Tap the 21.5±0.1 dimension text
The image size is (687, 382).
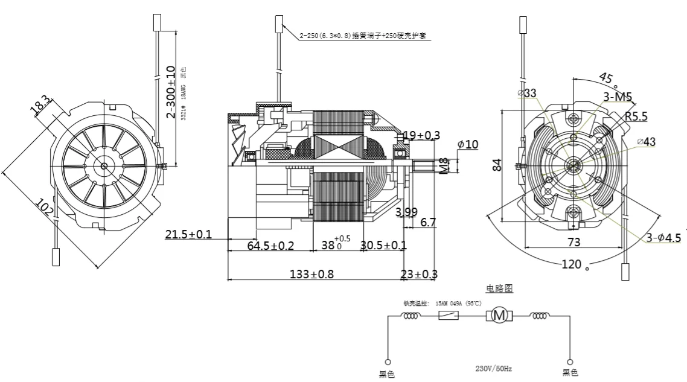pos(188,234)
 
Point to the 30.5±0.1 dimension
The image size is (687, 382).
pos(383,246)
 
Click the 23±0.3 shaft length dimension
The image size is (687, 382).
pos(419,274)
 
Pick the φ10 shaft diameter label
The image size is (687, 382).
pos(467,144)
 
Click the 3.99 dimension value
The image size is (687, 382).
pos(406,212)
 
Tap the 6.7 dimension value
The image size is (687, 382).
pos(428,223)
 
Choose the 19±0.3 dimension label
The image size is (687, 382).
pos(421,135)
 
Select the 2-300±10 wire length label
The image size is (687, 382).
pos(171,91)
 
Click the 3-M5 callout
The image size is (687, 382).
pos(617,97)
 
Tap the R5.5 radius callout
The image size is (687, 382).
pos(636,116)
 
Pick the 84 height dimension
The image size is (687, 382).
pos(497,164)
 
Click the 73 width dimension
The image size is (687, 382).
pos(574,242)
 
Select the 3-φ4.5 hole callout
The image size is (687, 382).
pos(663,238)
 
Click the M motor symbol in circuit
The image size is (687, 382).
pos(499,315)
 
